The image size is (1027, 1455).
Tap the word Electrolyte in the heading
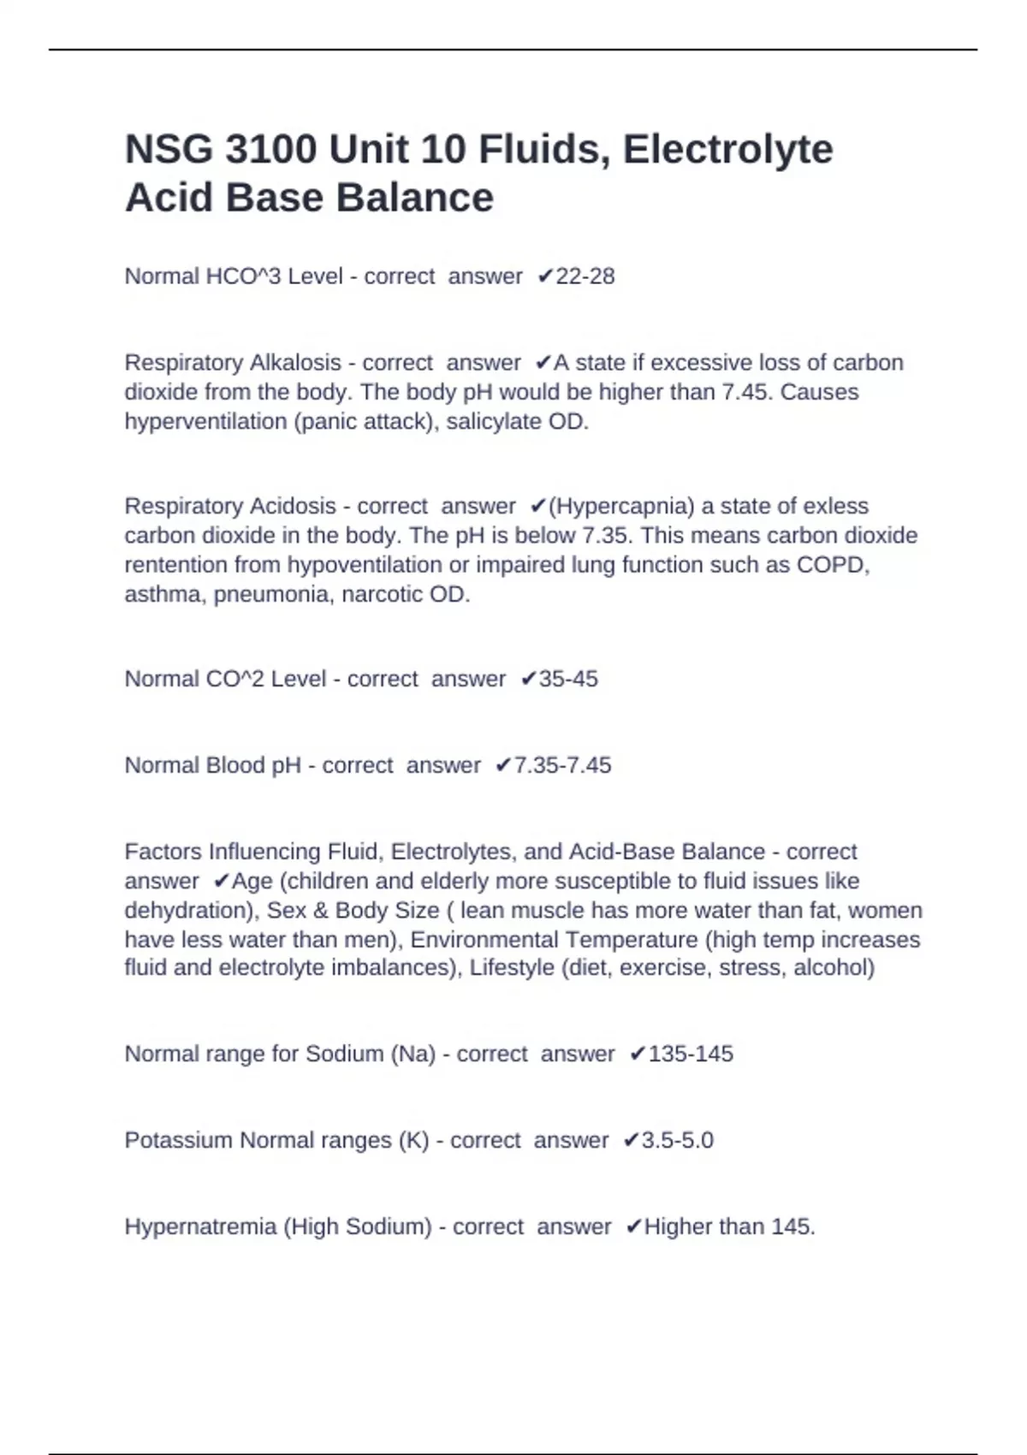727,150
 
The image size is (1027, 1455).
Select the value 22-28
585,276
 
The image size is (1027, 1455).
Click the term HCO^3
243,276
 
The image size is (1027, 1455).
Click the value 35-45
568,679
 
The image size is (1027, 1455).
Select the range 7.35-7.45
562,765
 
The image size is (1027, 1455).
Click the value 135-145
691,1054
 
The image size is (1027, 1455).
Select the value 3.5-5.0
677,1140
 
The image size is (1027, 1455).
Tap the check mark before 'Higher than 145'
633,1227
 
